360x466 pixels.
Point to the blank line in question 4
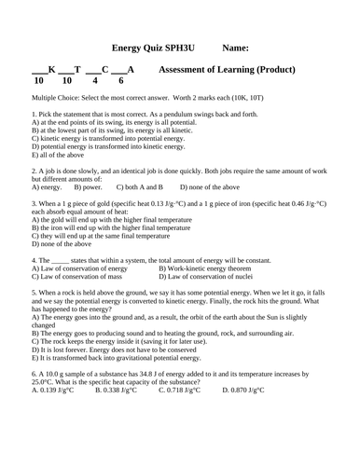click(61, 259)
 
